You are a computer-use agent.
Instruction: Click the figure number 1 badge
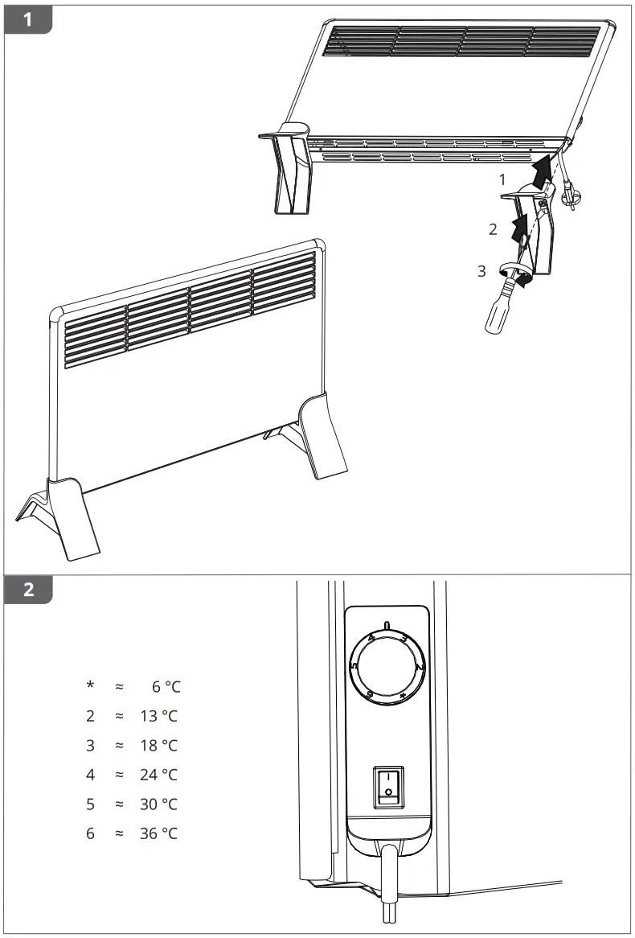(x=28, y=19)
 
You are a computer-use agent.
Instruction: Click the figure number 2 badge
(x=28, y=589)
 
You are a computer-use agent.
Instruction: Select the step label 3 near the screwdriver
(x=481, y=271)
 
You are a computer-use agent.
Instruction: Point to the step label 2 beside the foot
(x=494, y=229)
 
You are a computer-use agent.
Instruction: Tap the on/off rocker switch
(x=388, y=786)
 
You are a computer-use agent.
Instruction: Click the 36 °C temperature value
(x=158, y=833)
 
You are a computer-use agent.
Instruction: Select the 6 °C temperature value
(x=165, y=686)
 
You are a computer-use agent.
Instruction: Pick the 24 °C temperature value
(x=158, y=775)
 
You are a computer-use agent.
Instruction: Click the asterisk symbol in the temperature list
(x=91, y=685)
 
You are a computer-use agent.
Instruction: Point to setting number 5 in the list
(x=91, y=804)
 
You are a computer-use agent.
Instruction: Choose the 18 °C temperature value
(x=158, y=746)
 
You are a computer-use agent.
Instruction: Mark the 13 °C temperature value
(x=158, y=716)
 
